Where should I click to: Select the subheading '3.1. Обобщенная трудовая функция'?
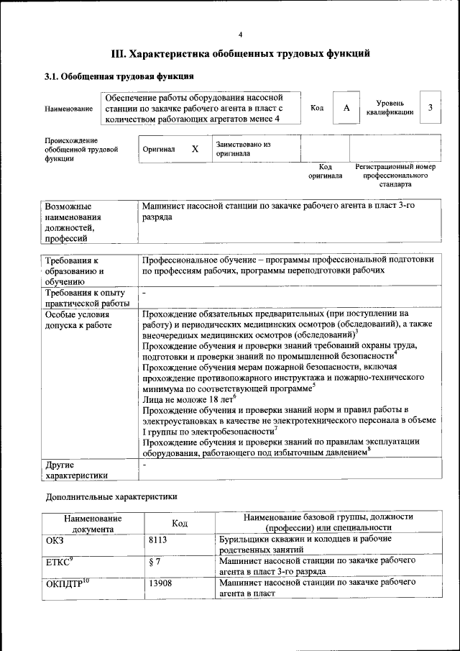(119, 76)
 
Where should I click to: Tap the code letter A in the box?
(346, 108)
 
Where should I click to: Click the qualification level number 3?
(430, 108)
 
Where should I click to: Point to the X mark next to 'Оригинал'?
(195, 149)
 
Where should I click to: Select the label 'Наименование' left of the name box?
(69, 109)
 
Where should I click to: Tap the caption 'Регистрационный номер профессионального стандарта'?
(395, 176)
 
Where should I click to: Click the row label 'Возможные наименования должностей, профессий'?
(73, 222)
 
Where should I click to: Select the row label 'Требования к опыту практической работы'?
(86, 299)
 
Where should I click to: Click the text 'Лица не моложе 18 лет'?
(188, 398)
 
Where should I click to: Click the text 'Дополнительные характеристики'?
(111, 496)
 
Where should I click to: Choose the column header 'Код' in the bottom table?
(180, 523)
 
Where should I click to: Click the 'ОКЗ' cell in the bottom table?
(55, 539)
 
